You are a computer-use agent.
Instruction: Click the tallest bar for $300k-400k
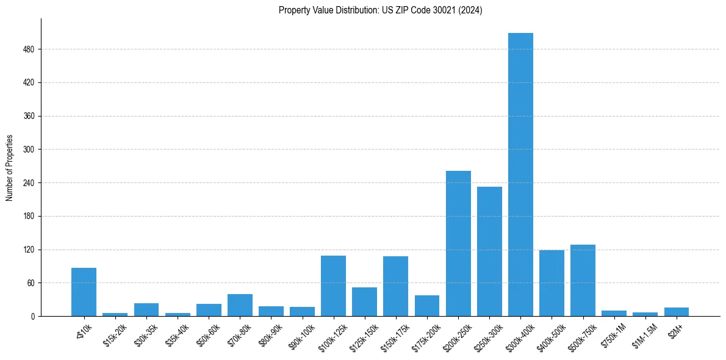point(520,175)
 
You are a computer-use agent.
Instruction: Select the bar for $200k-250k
point(458,243)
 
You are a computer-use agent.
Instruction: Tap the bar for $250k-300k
point(489,251)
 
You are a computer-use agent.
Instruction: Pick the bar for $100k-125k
point(333,286)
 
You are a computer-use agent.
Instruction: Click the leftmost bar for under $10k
point(84,292)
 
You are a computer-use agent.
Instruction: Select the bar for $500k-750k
point(583,280)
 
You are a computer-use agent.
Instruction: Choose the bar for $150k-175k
point(395,286)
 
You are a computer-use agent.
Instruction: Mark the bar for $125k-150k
point(364,301)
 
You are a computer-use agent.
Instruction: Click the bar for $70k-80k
point(240,305)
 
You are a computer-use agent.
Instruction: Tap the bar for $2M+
point(676,312)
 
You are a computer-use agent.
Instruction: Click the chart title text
point(380,10)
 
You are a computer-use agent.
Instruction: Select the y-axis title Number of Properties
point(10,168)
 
